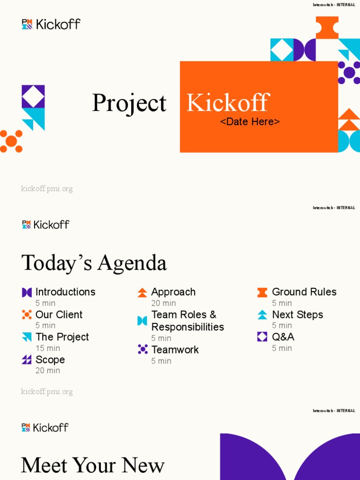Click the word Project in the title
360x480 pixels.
click(x=129, y=104)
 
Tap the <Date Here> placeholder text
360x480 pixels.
click(x=250, y=122)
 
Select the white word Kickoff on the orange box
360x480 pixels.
click(x=228, y=103)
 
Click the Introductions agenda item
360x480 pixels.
click(x=65, y=292)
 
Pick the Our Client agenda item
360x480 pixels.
click(x=59, y=315)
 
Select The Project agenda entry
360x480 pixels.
click(x=62, y=337)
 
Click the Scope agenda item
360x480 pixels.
click(x=50, y=360)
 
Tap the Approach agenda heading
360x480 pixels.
click(x=173, y=292)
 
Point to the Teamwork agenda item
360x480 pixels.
click(x=175, y=350)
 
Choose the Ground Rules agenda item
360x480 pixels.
click(x=304, y=292)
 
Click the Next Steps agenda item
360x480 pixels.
click(x=297, y=315)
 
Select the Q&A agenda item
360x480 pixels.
click(x=283, y=337)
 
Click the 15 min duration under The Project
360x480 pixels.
click(x=48, y=348)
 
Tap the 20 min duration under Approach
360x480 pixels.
click(x=164, y=303)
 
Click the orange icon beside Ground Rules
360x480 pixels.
click(x=262, y=292)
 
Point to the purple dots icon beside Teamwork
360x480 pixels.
click(x=142, y=349)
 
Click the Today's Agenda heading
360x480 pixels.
click(x=94, y=263)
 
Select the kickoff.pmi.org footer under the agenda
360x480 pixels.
click(x=47, y=392)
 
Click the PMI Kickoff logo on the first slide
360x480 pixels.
click(x=51, y=24)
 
